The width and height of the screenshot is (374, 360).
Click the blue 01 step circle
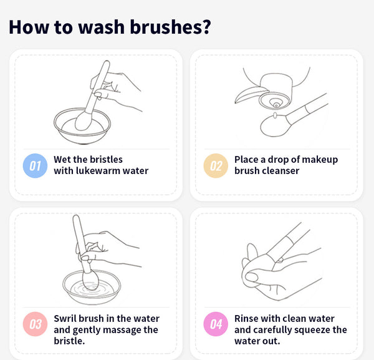(x=35, y=166)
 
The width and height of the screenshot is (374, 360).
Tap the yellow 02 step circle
(x=216, y=166)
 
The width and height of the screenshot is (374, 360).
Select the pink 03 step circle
(x=35, y=324)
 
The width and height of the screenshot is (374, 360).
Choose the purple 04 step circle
(x=216, y=324)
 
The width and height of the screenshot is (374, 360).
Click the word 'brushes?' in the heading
(x=170, y=27)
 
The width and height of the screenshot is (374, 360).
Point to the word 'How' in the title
(x=29, y=27)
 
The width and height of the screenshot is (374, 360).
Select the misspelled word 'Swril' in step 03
(x=65, y=318)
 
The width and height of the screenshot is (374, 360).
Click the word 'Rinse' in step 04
(x=246, y=318)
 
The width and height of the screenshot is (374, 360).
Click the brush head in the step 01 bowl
(x=84, y=121)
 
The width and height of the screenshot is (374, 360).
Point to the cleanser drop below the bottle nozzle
(x=275, y=115)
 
